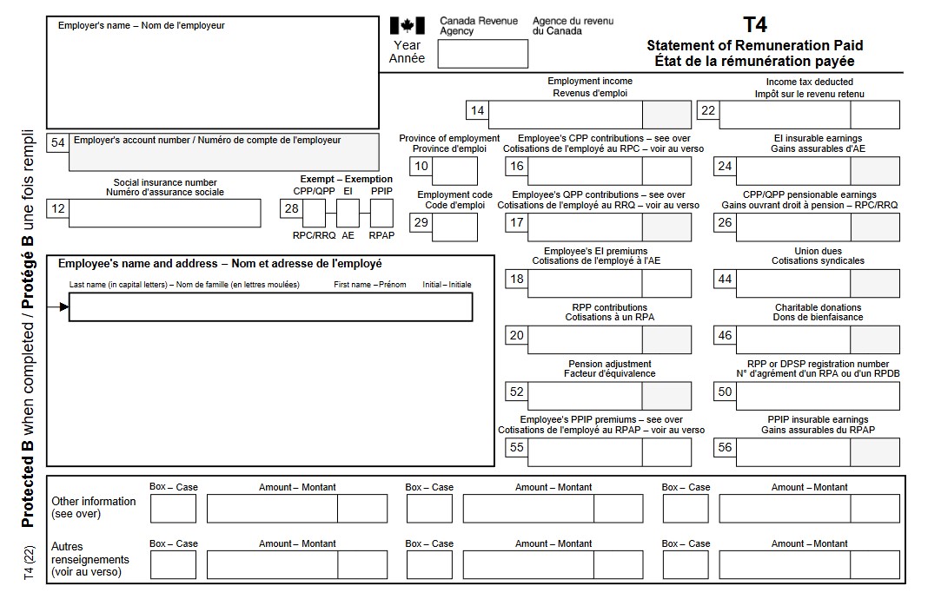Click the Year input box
tap(482, 54)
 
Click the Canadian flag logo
tap(407, 26)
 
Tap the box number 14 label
tap(477, 111)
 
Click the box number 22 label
tap(708, 111)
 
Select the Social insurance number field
tap(164, 213)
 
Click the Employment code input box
tap(454, 224)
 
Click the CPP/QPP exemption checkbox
tap(314, 213)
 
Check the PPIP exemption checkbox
tap(381, 213)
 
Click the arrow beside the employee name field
tap(63, 307)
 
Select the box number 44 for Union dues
tap(725, 280)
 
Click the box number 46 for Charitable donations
tap(725, 336)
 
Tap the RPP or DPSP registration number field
tap(817, 396)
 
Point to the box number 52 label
tap(517, 392)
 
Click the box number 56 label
tap(725, 448)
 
